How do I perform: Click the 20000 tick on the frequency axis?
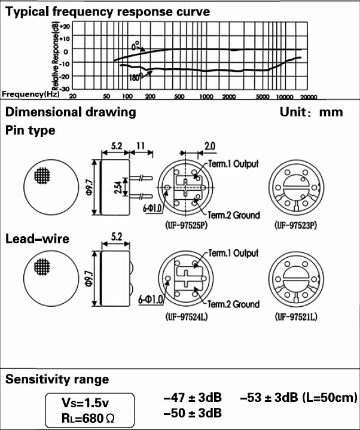pos(308,96)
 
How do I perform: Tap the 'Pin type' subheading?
pos(30,130)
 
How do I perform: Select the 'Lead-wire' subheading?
pos(37,239)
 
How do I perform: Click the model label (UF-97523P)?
pos(295,226)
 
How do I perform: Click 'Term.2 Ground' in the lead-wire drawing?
pos(234,304)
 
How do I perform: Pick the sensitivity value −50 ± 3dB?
pos(192,413)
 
